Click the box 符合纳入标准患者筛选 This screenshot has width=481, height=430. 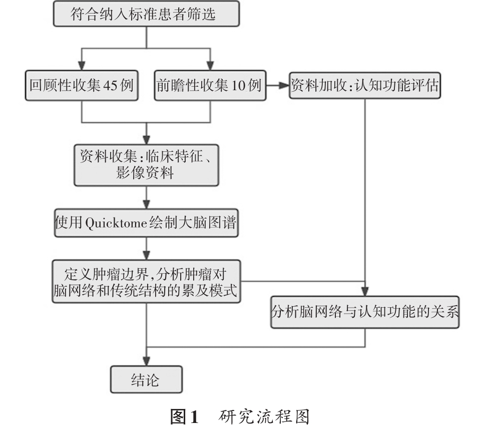(146, 14)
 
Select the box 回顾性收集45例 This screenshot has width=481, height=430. (82, 85)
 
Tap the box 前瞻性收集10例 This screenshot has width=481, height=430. (210, 85)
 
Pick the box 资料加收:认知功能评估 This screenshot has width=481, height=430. (365, 85)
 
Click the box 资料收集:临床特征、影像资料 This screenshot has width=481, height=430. (146, 165)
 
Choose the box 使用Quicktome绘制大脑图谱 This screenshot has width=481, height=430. (146, 223)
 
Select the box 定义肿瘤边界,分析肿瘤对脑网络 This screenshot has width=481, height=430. (146, 282)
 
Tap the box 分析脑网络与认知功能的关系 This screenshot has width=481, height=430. (365, 312)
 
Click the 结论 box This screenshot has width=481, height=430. (146, 379)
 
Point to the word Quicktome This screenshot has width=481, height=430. (116, 223)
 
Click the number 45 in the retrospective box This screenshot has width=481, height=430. (110, 85)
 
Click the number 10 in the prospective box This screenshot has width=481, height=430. (238, 85)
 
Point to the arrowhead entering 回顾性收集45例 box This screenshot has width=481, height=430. (82, 66)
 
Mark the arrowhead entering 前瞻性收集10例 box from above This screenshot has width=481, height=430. (210, 66)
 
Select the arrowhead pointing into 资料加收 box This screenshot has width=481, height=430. (284, 85)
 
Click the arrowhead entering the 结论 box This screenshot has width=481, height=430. (146, 361)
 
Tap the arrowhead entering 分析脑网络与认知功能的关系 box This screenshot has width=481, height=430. (365, 292)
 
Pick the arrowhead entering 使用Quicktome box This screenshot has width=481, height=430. (146, 205)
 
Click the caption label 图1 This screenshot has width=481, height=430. (185, 417)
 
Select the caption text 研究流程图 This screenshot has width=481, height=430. (264, 417)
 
